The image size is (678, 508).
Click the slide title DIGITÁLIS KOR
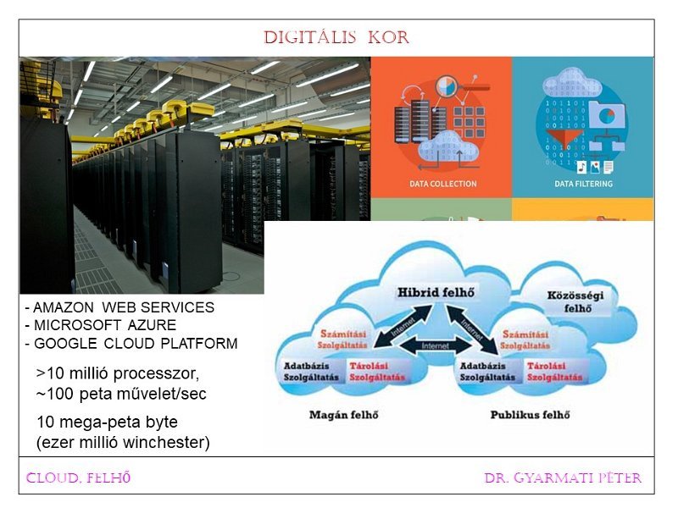pos(336,38)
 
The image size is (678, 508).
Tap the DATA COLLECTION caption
pos(442,184)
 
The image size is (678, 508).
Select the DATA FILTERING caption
pos(583,184)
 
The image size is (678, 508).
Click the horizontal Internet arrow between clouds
pos(436,346)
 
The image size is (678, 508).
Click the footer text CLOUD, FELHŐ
pos(78,478)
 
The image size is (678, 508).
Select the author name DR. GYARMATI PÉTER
pos(563,478)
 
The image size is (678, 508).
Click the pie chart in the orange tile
pos(448,87)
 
